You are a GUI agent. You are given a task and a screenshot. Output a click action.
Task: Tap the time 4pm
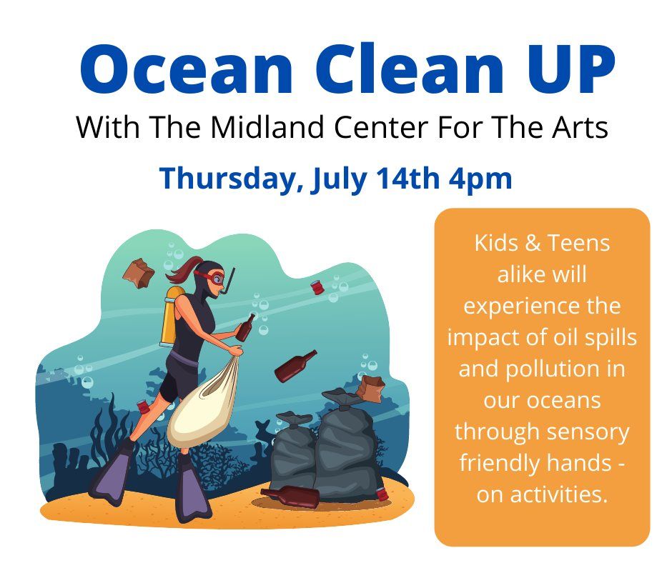[480, 179]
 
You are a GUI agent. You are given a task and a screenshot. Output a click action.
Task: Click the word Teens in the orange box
[578, 243]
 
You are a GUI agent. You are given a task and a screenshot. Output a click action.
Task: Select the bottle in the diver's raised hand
[245, 327]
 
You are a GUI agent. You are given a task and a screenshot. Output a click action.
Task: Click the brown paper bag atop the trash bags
[370, 389]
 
